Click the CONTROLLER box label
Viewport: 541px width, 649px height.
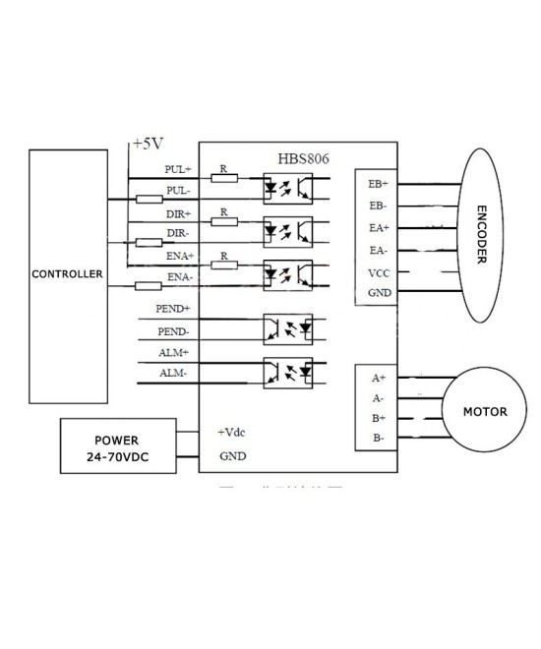pyautogui.click(x=68, y=274)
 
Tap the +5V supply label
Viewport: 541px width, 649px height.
pyautogui.click(x=147, y=144)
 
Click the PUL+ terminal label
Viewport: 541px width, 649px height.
pyautogui.click(x=179, y=170)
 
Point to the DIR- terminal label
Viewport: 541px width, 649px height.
pyautogui.click(x=178, y=233)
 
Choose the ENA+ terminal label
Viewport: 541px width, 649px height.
pyautogui.click(x=178, y=256)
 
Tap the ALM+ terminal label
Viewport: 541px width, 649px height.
pyautogui.click(x=175, y=352)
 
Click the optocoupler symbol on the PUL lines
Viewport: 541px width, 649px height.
pyautogui.click(x=287, y=184)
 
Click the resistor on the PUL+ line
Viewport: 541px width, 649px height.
pyautogui.click(x=224, y=178)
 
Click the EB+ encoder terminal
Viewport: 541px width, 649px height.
pyautogui.click(x=378, y=185)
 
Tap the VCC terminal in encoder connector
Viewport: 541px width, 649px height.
pyautogui.click(x=378, y=272)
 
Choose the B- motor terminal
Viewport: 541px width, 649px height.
pyautogui.click(x=378, y=438)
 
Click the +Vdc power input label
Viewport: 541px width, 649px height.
pyautogui.click(x=231, y=432)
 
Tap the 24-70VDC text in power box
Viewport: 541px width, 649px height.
pyautogui.click(x=116, y=457)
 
